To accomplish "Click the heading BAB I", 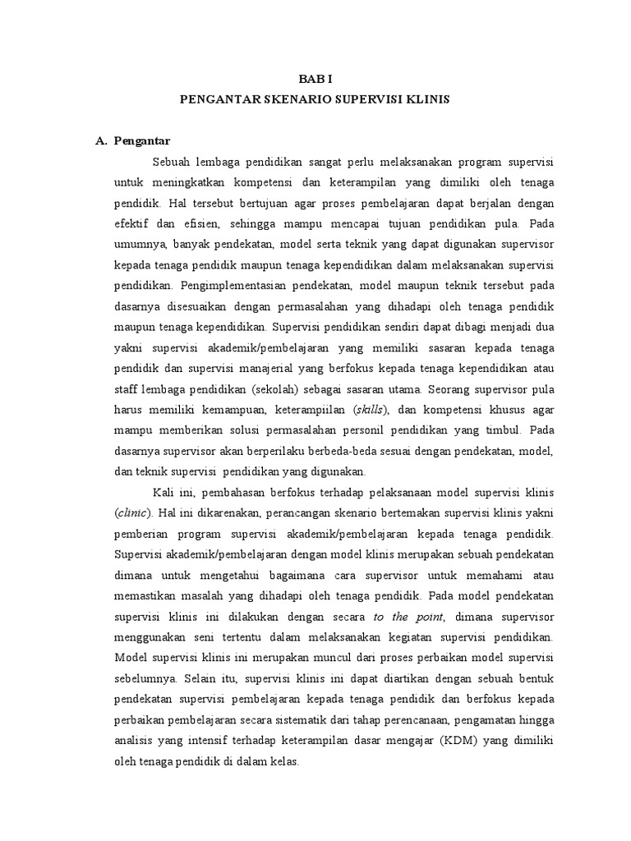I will pos(315,80).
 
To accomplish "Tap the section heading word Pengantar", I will pos(142,140).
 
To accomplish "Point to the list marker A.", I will pos(102,140).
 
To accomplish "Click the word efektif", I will pos(133,223).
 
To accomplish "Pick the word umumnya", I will pos(139,243).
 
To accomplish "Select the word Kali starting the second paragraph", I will pos(164,493).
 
